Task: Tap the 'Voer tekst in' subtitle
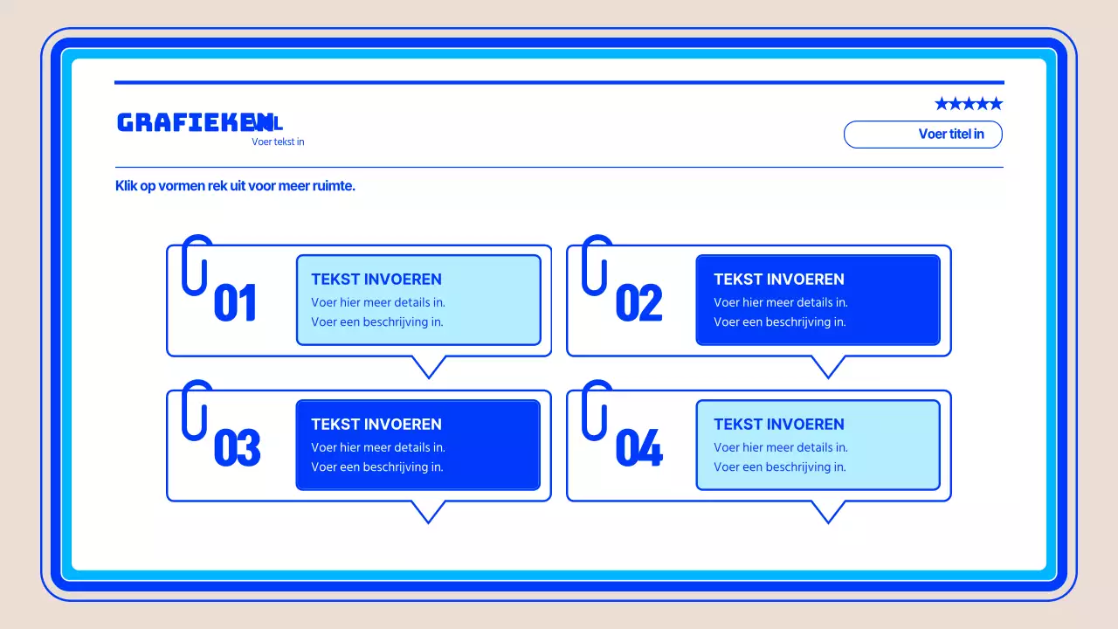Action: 278,142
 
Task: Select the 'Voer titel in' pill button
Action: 922,135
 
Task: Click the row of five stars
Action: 969,104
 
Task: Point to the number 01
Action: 235,303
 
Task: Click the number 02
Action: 638,303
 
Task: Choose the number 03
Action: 237,448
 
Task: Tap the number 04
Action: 638,448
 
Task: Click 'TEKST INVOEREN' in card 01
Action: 376,280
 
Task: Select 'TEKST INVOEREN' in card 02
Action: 779,280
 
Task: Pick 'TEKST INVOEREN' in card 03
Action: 376,425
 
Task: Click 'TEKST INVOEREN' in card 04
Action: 779,425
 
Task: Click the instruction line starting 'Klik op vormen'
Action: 235,186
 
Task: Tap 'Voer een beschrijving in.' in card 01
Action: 377,321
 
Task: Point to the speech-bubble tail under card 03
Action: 428,511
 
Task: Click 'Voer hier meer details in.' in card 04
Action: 781,447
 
